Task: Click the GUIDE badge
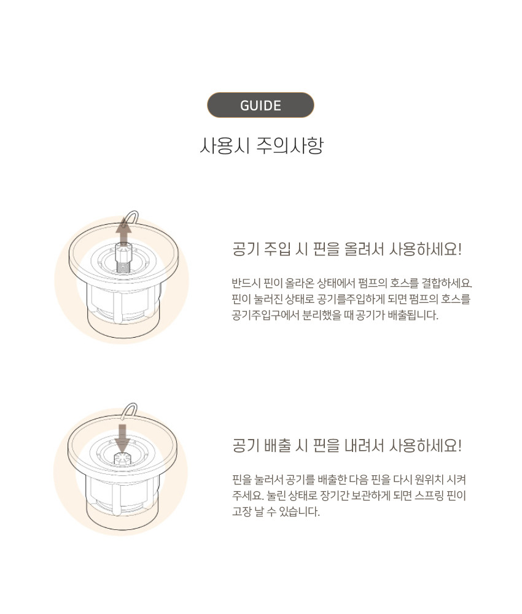[260, 105]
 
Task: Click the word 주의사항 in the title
[290, 146]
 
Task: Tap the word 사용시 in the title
[224, 146]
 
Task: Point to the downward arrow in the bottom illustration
[123, 438]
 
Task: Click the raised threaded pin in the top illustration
[125, 257]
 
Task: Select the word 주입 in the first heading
[277, 249]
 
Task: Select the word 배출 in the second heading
[277, 446]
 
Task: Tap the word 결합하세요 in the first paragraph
[446, 282]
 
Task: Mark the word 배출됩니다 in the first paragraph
[412, 315]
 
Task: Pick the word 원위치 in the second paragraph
[429, 480]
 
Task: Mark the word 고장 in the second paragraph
[241, 511]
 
